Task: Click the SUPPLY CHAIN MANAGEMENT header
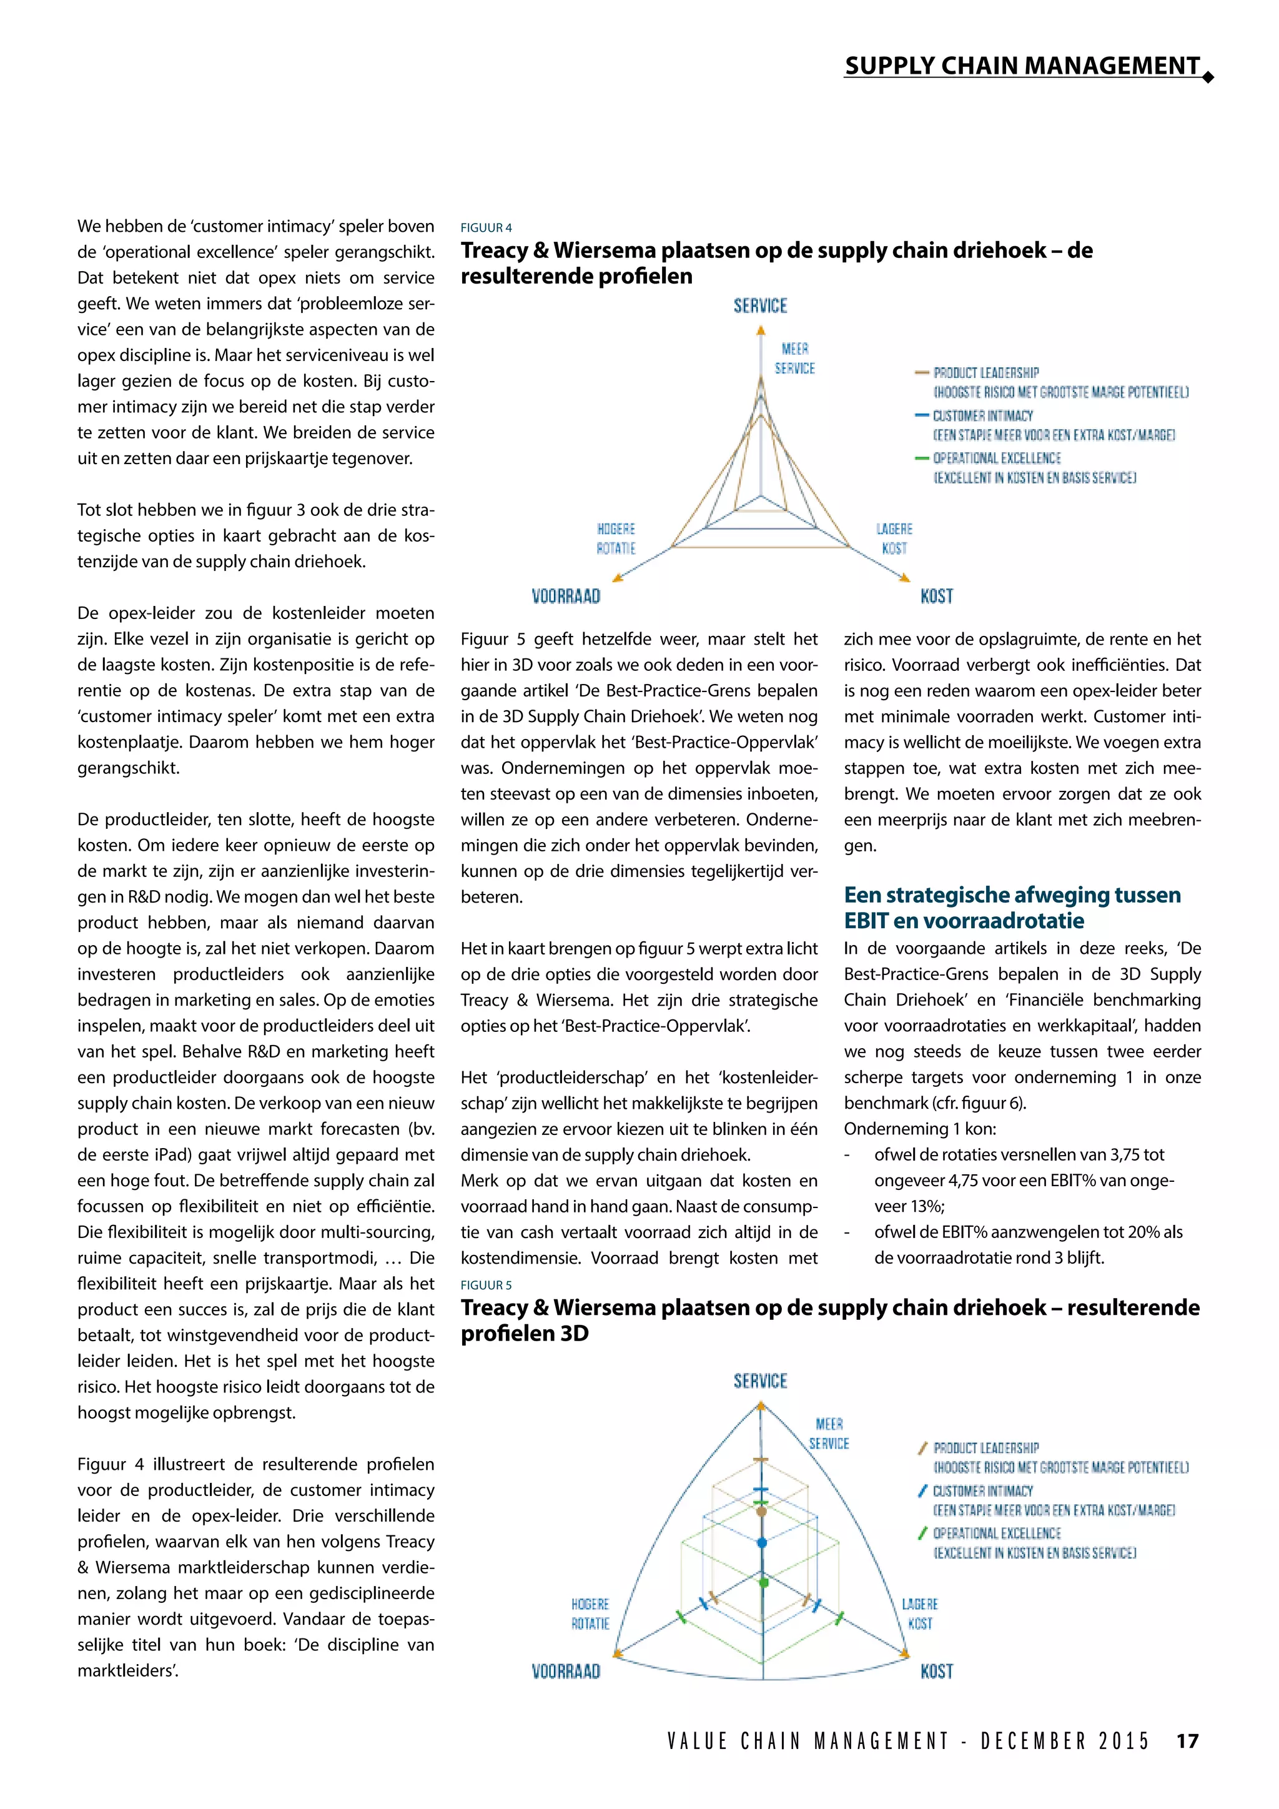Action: coord(1022,66)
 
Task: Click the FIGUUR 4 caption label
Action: coord(486,228)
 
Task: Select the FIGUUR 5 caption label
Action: coord(486,1285)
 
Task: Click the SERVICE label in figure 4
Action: coord(760,305)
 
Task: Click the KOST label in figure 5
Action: coord(936,1671)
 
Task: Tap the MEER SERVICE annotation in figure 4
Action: coord(794,359)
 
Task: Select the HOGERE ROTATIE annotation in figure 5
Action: coord(590,1613)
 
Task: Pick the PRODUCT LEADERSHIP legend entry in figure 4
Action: coord(985,373)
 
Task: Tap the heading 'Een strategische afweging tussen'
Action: coord(1012,895)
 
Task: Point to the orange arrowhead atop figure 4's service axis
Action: coord(761,332)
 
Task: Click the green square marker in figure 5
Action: coord(763,1582)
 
